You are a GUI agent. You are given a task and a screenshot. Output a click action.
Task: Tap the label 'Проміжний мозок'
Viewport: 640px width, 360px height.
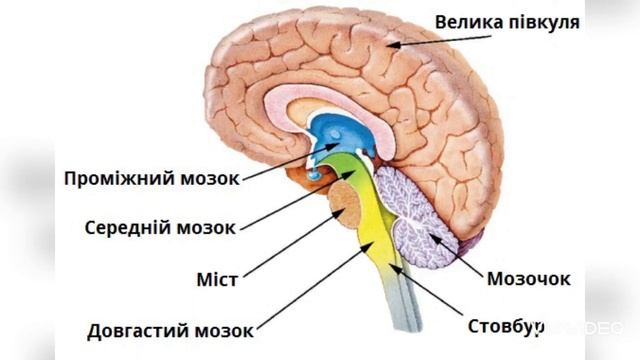click(152, 179)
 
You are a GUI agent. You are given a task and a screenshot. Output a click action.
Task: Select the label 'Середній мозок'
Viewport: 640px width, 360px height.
click(161, 227)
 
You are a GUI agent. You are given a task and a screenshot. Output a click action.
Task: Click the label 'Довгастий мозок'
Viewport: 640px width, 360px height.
click(171, 329)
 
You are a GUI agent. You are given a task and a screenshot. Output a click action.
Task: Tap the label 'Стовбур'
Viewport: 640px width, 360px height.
click(506, 326)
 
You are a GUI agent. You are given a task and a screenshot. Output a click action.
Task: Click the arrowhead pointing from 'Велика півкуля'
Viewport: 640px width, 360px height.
click(393, 44)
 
